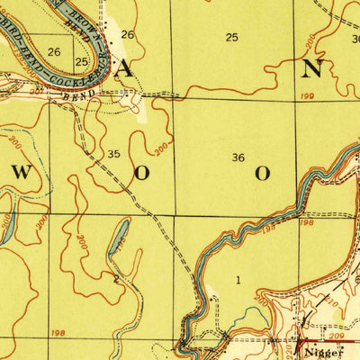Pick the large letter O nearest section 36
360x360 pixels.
point(263,174)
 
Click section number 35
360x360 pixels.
point(113,154)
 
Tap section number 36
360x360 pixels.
point(238,157)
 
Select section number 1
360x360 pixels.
point(238,280)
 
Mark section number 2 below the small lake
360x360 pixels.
point(115,279)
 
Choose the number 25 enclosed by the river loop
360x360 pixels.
point(82,62)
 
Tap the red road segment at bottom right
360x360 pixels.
point(324,343)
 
